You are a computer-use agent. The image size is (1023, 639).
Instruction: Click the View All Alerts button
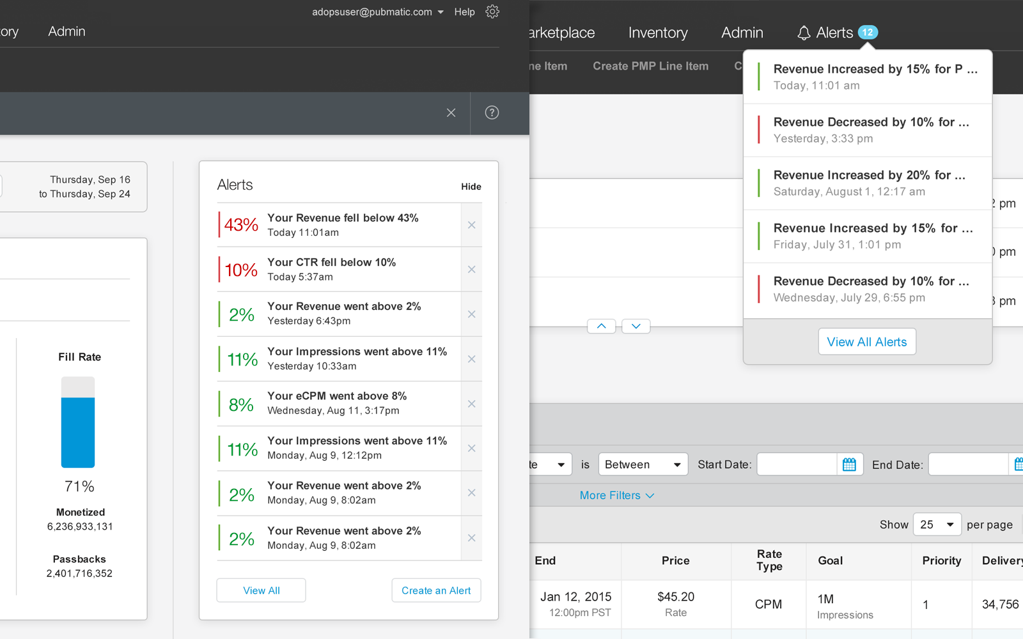tap(866, 342)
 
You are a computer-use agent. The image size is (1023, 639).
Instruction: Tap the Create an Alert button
tap(436, 590)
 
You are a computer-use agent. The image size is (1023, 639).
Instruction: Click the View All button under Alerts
tap(261, 590)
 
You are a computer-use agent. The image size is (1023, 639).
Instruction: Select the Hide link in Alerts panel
tap(471, 187)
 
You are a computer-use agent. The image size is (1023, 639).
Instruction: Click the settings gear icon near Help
tap(492, 12)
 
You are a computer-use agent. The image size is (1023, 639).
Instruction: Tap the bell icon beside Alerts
tap(804, 33)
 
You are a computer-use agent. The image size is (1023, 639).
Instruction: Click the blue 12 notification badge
tap(868, 32)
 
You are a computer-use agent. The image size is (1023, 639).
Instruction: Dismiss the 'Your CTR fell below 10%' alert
tap(471, 270)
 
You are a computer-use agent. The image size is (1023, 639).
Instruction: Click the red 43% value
tap(241, 225)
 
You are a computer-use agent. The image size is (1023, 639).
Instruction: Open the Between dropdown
tap(643, 465)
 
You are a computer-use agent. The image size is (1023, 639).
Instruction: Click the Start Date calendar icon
tap(849, 465)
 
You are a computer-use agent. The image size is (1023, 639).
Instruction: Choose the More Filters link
tap(616, 495)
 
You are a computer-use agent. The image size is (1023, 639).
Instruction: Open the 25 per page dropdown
tap(937, 525)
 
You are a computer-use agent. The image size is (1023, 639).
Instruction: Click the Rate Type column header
tap(769, 560)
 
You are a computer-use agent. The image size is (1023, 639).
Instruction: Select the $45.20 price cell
tap(675, 597)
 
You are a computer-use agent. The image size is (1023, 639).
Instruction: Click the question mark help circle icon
tap(492, 112)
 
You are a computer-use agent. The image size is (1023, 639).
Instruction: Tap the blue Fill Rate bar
tap(78, 432)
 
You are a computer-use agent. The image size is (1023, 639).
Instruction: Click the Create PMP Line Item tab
tap(650, 66)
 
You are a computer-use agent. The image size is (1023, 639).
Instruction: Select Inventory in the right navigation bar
tap(658, 33)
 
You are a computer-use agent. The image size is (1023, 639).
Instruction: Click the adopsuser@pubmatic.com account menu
tap(377, 12)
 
